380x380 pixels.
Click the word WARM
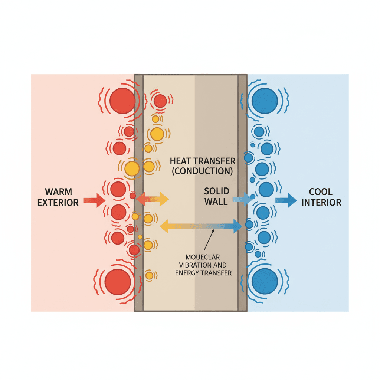(59, 192)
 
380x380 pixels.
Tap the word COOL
(321, 192)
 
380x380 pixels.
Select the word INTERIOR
(321, 203)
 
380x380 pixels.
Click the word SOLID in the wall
(217, 191)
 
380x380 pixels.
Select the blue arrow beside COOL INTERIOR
(286, 200)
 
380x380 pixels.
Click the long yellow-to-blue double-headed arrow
(200, 226)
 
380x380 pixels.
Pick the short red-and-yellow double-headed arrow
(152, 199)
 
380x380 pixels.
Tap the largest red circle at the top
(122, 101)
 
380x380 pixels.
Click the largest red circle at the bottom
(118, 282)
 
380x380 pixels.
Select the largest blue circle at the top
(265, 100)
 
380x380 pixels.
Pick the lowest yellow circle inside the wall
(149, 275)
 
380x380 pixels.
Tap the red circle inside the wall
(160, 101)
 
